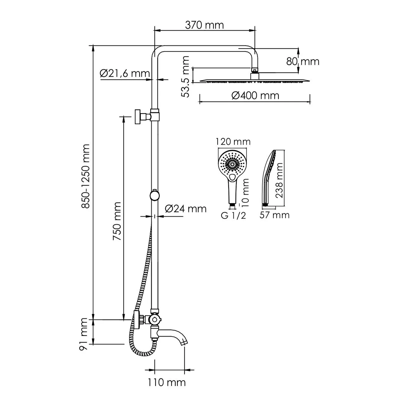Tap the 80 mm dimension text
coord(303,61)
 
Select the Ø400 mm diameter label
coord(255,95)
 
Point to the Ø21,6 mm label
coord(124,74)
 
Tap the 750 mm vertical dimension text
coord(117,221)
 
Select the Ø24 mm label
coord(186,208)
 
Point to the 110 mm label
coord(167,382)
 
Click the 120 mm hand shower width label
coord(233,141)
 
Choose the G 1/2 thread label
coord(233,216)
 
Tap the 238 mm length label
coord(279,180)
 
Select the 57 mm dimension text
coord(274,215)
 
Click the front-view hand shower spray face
coord(233,163)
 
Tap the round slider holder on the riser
coord(154,195)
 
